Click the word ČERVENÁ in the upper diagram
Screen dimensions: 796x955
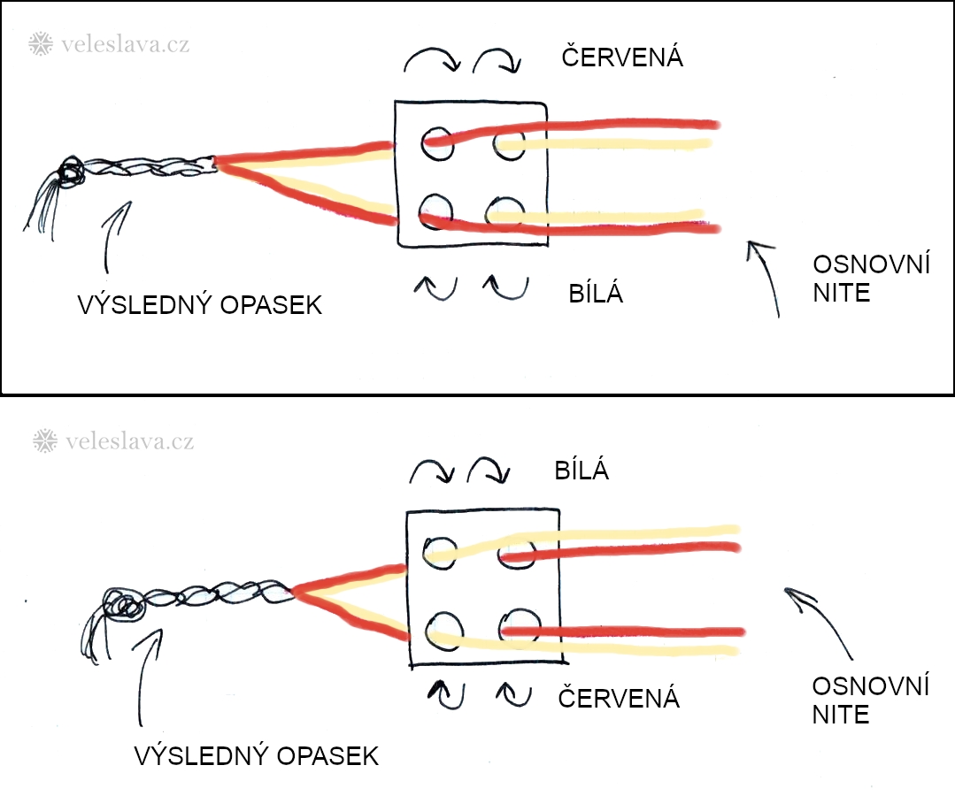tap(623, 57)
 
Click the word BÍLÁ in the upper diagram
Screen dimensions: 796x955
tap(596, 294)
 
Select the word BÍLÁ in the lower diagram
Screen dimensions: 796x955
tap(581, 470)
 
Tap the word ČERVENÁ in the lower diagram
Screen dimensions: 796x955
tap(619, 699)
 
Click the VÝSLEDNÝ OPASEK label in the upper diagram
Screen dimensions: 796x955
tap(200, 306)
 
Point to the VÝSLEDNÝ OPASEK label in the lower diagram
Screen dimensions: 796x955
tap(257, 756)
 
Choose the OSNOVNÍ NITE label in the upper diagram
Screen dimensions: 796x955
tap(871, 278)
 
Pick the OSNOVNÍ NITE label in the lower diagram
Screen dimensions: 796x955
tap(871, 699)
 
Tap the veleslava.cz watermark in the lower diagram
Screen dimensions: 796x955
tap(112, 440)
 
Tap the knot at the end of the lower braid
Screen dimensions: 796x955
tap(124, 607)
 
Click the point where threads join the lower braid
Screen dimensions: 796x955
tap(291, 589)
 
